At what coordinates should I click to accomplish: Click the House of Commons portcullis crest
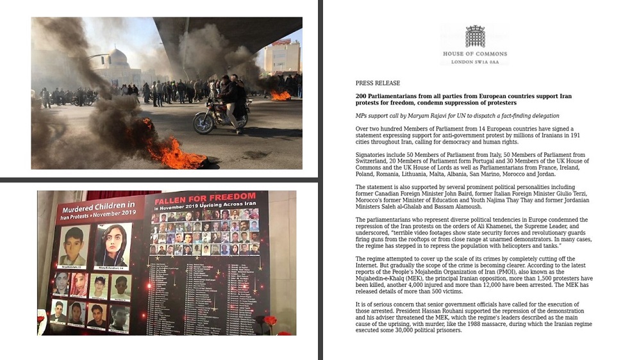[475, 37]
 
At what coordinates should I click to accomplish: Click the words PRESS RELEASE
[378, 83]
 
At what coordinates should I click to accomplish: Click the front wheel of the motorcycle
[204, 124]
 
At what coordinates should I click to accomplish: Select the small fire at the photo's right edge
[280, 95]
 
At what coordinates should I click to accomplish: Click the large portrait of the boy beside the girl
[74, 245]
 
